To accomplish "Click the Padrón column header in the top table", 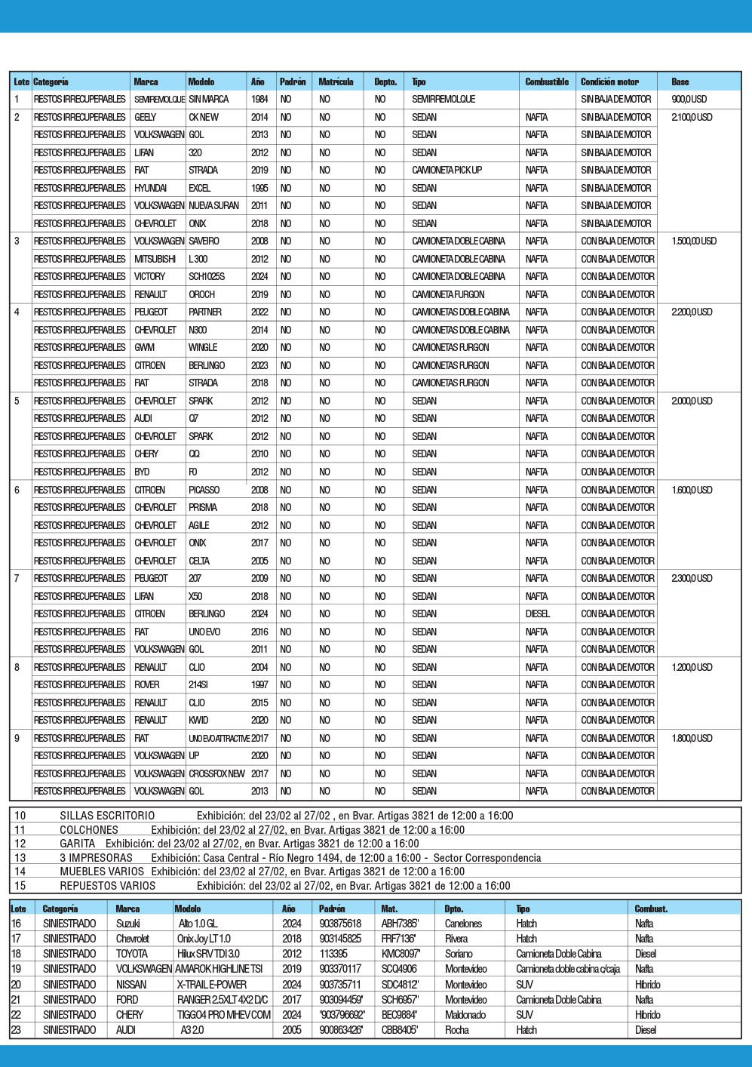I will point(293,81).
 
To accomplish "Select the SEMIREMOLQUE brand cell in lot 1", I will point(159,99).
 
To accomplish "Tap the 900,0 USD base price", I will point(689,99).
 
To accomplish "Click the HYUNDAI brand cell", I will point(151,188).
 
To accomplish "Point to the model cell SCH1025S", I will point(207,276).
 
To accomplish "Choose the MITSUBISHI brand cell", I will point(155,259).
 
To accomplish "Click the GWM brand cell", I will point(144,347).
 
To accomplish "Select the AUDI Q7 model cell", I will point(194,418).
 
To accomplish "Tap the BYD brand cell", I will point(142,472).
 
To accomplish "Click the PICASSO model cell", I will point(204,490).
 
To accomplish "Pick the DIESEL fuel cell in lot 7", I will point(538,613).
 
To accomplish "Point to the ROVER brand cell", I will point(147,684).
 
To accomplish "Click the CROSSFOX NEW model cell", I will point(216,773).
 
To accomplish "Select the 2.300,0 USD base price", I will point(692,578).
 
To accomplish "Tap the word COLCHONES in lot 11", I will point(89,829).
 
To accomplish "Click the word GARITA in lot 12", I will point(78,844).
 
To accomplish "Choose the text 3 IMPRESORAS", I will point(97,858).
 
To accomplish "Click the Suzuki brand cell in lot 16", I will point(127,924).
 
